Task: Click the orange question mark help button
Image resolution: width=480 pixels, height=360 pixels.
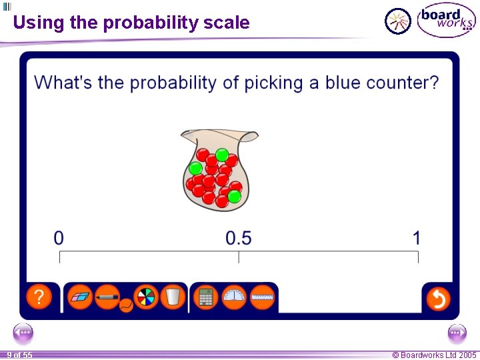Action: pyautogui.click(x=39, y=297)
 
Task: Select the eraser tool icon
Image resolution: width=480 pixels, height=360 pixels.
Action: pyautogui.click(x=82, y=297)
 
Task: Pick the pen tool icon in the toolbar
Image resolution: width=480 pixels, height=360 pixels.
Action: pyautogui.click(x=107, y=297)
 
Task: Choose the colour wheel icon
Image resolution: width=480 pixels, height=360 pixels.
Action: pyautogui.click(x=145, y=297)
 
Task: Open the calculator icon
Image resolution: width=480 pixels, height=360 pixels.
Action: pyautogui.click(x=206, y=297)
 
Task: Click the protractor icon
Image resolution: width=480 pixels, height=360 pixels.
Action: pyautogui.click(x=234, y=297)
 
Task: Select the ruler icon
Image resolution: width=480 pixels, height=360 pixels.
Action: pyautogui.click(x=263, y=297)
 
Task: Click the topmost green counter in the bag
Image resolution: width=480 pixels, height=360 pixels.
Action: pyautogui.click(x=222, y=155)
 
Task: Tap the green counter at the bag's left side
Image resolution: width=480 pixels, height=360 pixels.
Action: pyautogui.click(x=195, y=168)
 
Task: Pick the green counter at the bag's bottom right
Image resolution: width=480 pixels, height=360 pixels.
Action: pyautogui.click(x=234, y=196)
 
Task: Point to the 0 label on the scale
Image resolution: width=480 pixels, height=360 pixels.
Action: pyautogui.click(x=59, y=237)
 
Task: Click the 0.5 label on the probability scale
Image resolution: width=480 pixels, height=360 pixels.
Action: pyautogui.click(x=239, y=237)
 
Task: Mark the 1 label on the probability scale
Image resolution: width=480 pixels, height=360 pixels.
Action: pyautogui.click(x=417, y=237)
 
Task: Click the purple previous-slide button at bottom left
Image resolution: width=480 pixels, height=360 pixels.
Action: pyautogui.click(x=23, y=333)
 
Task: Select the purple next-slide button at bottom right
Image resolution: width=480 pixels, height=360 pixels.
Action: pyautogui.click(x=457, y=333)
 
